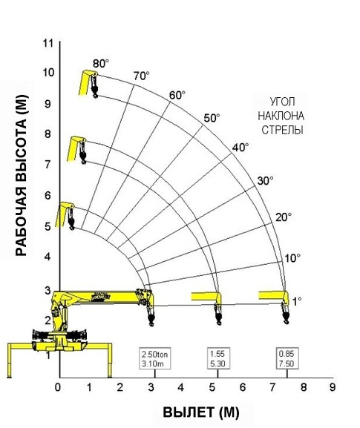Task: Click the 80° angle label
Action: (101, 64)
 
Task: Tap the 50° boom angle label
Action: (212, 118)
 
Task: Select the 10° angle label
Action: (292, 258)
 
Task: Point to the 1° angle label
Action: (297, 302)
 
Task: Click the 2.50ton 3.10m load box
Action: (155, 359)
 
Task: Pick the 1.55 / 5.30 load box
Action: (218, 359)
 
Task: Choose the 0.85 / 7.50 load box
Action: (287, 359)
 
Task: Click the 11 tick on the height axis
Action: (48, 43)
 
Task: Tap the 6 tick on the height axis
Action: (48, 195)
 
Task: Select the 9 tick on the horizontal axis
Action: (332, 387)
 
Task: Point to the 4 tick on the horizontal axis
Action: (181, 387)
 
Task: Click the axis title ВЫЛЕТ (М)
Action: (201, 412)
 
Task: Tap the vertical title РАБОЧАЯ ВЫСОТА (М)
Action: (22, 175)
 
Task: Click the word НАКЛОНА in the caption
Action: (281, 116)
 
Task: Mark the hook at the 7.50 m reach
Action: (286, 314)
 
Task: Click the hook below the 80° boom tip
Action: (94, 87)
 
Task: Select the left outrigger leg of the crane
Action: (10, 360)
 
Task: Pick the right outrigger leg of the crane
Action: (110, 360)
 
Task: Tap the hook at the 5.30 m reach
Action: (218, 315)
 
